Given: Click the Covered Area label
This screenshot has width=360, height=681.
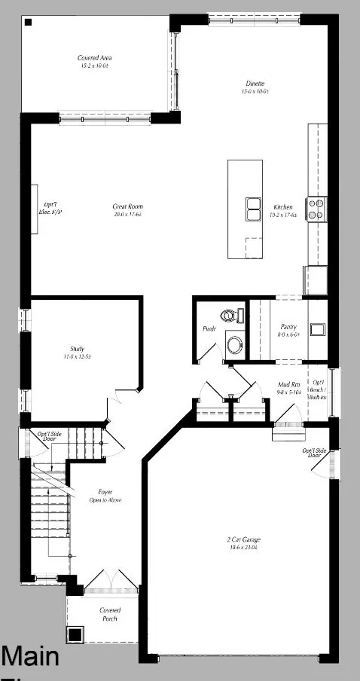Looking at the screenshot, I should click(95, 61).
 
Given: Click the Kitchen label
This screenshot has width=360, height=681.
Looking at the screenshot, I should click(284, 210).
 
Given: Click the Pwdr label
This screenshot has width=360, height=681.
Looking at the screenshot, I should click(209, 329).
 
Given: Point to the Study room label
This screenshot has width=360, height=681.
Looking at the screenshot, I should click(77, 352).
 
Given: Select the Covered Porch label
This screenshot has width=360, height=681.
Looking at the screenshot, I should click(110, 614).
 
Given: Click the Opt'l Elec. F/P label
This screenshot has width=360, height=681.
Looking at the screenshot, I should click(51, 209).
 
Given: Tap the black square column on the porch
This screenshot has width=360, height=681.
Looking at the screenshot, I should click(75, 634).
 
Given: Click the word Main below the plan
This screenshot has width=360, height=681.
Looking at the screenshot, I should click(30, 657).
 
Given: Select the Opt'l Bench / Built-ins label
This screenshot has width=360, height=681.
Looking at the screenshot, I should click(318, 389).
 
